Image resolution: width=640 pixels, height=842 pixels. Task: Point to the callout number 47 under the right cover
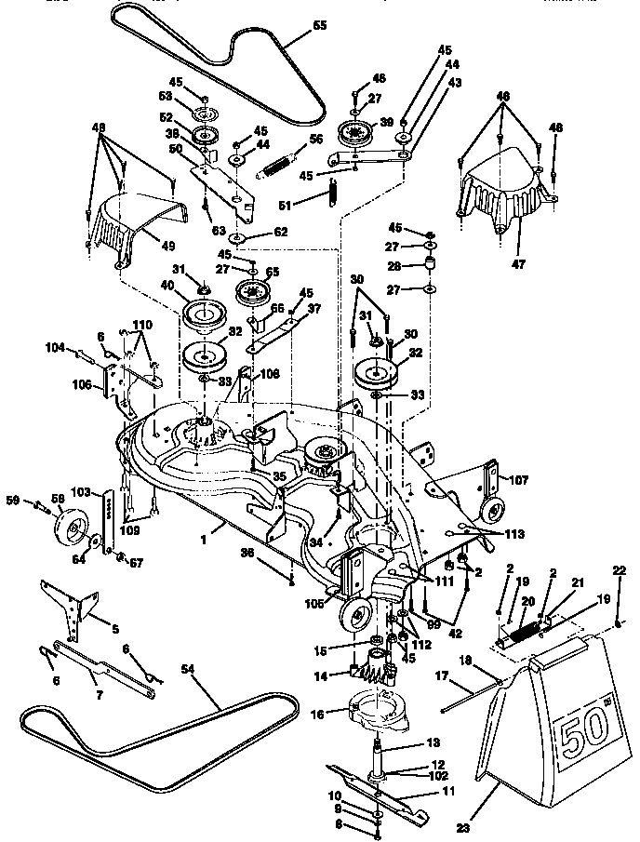point(517,264)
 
